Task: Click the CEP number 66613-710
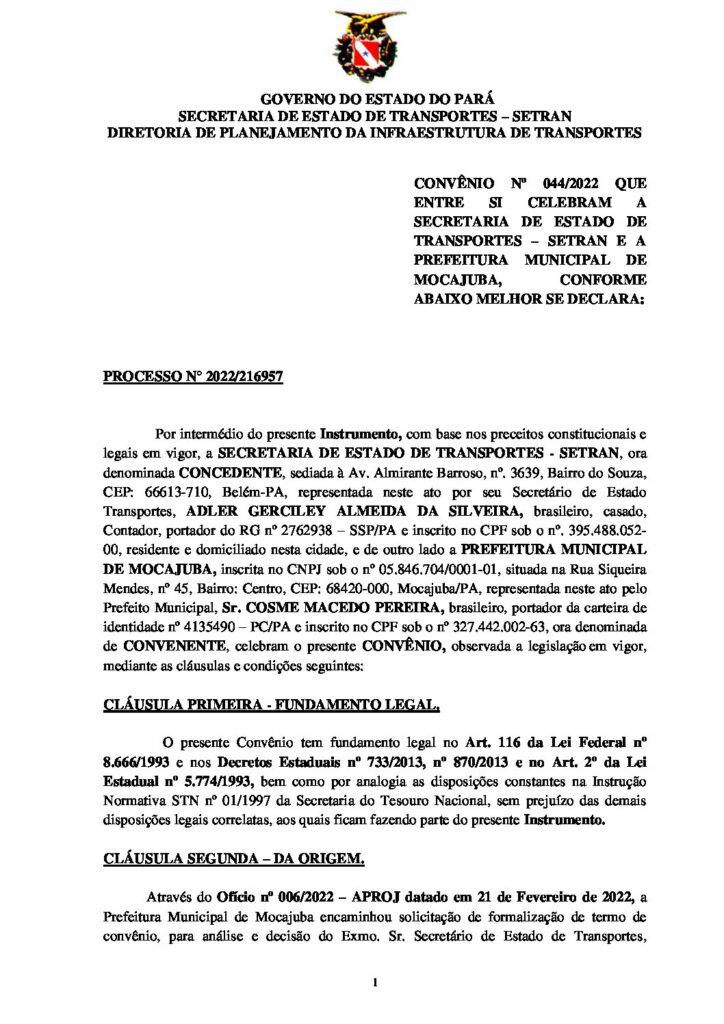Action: click(176, 490)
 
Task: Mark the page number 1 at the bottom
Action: click(372, 985)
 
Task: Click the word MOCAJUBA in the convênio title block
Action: click(456, 279)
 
